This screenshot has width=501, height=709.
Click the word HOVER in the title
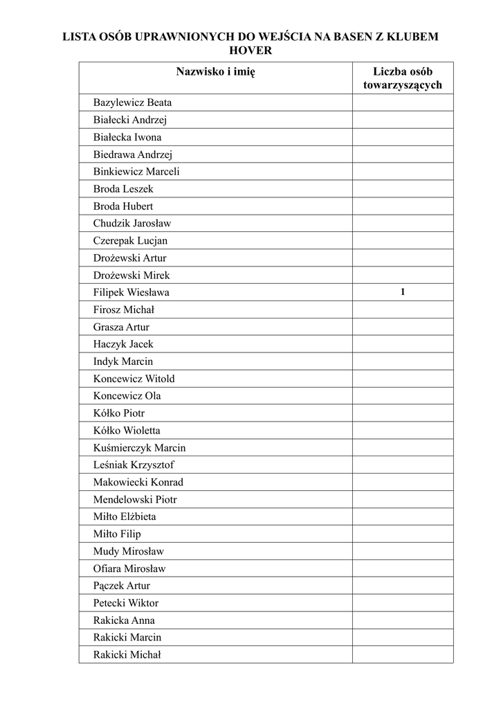point(250,51)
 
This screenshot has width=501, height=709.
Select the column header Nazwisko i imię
point(215,71)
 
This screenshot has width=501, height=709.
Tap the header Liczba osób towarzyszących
point(402,78)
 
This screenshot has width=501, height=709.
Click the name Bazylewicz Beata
point(132,102)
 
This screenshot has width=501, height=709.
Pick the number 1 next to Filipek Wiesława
point(402,292)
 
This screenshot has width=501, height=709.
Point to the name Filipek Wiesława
point(131,292)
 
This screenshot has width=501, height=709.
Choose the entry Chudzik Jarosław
point(131,224)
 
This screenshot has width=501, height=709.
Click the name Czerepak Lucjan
point(130,241)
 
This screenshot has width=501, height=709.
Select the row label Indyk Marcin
point(123,361)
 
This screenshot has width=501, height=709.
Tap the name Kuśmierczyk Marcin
point(139,448)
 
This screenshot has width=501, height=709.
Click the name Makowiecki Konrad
point(138,483)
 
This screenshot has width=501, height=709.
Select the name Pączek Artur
point(121,586)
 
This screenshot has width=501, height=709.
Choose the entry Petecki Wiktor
point(125,603)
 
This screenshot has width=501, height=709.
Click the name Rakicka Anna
point(124,620)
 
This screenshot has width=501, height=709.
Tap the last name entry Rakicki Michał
point(127,655)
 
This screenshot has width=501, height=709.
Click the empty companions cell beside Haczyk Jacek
point(402,344)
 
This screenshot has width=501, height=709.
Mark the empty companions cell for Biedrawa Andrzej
point(402,154)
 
